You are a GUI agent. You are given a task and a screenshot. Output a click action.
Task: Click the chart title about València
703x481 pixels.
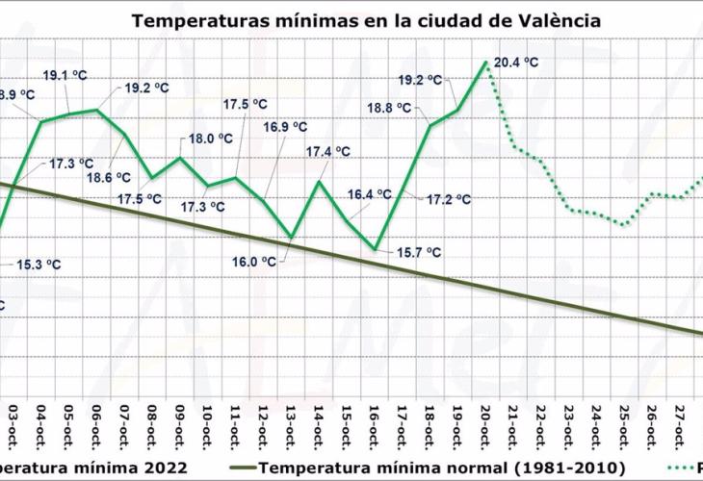367,19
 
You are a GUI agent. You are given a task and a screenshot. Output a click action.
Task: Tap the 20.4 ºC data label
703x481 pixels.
515,63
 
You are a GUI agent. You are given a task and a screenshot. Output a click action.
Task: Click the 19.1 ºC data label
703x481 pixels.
65,75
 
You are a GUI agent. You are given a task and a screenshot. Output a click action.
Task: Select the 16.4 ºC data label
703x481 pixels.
370,194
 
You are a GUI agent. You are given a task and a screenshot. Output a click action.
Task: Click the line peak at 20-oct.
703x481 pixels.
486,63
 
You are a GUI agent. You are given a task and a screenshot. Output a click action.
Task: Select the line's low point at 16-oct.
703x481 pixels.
376,249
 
